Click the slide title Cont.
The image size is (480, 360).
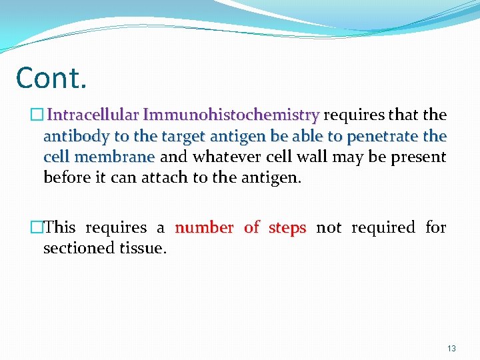[51, 78]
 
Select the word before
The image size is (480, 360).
[65, 178]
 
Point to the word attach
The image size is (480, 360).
[162, 178]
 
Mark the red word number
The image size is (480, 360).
[204, 227]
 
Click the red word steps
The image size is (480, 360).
[287, 227]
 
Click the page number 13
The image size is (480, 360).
[451, 349]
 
